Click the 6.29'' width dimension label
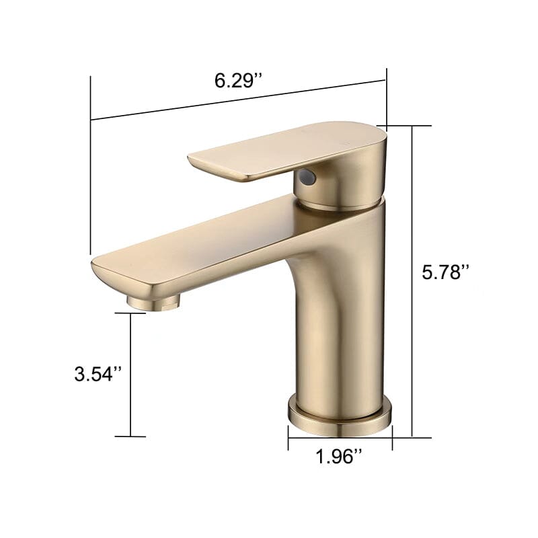[237, 81]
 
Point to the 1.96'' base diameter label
[340, 457]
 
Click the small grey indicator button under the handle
[307, 178]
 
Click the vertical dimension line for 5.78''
[412, 282]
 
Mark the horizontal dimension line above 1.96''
[340, 441]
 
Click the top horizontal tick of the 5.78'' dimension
[410, 126]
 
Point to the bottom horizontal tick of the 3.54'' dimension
[130, 436]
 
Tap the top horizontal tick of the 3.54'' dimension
[130, 313]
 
